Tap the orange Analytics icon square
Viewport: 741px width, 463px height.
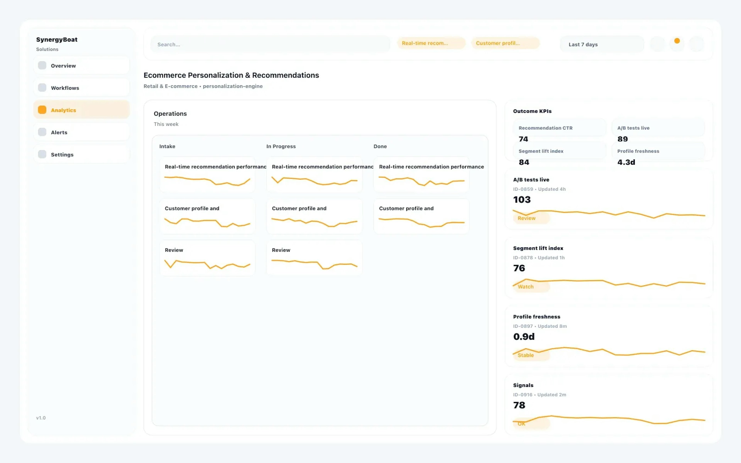[42, 110]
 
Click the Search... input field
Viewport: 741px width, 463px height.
[269, 44]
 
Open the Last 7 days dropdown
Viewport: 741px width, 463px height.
[601, 44]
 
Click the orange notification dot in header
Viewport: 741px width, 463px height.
[677, 41]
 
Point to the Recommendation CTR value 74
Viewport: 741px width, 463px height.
[523, 139]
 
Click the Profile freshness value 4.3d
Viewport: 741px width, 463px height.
[626, 162]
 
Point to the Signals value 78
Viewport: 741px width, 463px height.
[519, 405]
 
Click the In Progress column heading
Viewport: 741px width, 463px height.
[281, 146]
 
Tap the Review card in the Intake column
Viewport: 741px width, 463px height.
[207, 258]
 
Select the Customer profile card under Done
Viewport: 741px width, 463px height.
[421, 216]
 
